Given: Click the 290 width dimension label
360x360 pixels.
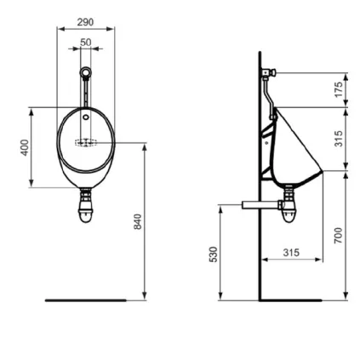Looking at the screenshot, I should click(x=85, y=21).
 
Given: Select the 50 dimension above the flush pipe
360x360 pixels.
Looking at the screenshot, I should click(x=85, y=41).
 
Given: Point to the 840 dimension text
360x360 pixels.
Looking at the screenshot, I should click(x=136, y=223).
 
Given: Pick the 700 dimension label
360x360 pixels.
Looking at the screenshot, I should click(x=339, y=235).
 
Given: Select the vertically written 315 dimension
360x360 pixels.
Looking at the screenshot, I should click(x=339, y=138).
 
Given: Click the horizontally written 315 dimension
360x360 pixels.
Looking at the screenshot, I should click(x=290, y=253).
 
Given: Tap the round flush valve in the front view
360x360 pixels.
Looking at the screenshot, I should click(x=85, y=73).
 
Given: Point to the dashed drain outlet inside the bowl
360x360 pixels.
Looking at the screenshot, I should click(x=85, y=143).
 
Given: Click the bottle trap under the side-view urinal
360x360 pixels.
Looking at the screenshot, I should click(x=290, y=208).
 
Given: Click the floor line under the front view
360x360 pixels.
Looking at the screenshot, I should click(x=85, y=300).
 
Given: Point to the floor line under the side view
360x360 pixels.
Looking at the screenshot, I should click(x=289, y=300).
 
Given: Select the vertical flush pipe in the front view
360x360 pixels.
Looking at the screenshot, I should click(x=85, y=92).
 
